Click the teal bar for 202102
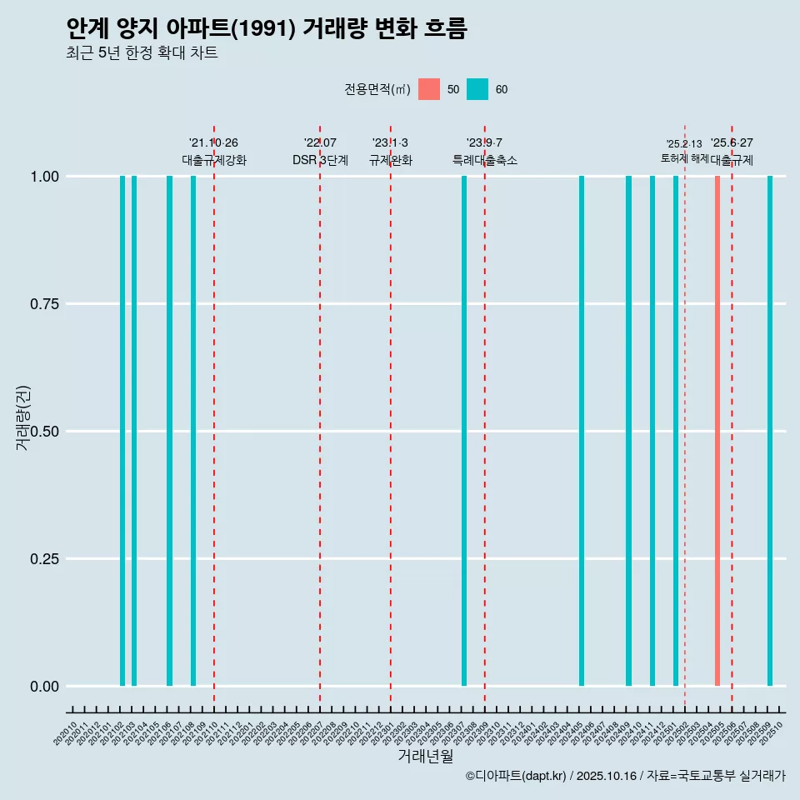pyautogui.click(x=122, y=431)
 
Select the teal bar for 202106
pyautogui.click(x=169, y=431)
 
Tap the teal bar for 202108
pyautogui.click(x=193, y=431)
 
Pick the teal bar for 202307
pyautogui.click(x=464, y=431)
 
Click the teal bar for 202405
pyautogui.click(x=582, y=431)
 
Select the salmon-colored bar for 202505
pyautogui.click(x=717, y=431)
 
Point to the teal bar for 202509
pyautogui.click(x=770, y=431)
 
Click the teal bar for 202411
pyautogui.click(x=652, y=431)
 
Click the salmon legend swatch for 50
pyautogui.click(x=429, y=89)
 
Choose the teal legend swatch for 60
pyautogui.click(x=477, y=89)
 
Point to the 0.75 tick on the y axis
pyautogui.click(x=42, y=304)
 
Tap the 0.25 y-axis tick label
pyautogui.click(x=42, y=558)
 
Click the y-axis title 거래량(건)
pyautogui.click(x=23, y=417)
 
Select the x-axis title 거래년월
pyautogui.click(x=425, y=757)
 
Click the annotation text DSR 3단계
pyautogui.click(x=320, y=160)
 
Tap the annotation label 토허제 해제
pyautogui.click(x=684, y=157)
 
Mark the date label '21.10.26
pyautogui.click(x=213, y=143)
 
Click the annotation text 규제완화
pyautogui.click(x=391, y=160)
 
